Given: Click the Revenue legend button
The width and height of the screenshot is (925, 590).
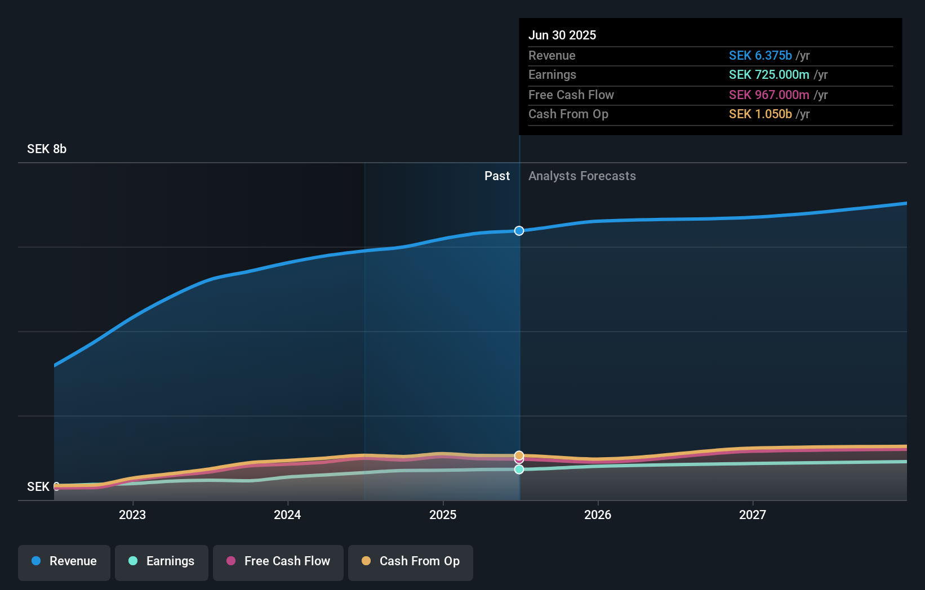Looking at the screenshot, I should (64, 561).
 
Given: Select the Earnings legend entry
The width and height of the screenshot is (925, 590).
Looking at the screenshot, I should (162, 561).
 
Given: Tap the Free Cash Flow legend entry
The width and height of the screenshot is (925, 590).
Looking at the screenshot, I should (278, 561).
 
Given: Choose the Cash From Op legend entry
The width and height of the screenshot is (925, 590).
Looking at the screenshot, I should (411, 561).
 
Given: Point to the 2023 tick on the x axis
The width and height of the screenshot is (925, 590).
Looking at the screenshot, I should (132, 515).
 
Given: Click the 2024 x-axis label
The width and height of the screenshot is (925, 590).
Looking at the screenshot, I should (287, 515).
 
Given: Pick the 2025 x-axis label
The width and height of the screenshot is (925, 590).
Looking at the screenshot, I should (443, 515).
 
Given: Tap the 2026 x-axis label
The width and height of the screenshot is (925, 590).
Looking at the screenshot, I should (598, 515).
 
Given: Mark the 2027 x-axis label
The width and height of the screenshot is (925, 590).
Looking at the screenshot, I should (753, 515).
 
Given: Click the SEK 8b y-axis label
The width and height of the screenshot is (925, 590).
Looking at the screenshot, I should (47, 149).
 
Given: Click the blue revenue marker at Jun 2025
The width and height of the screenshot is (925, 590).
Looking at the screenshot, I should (519, 231).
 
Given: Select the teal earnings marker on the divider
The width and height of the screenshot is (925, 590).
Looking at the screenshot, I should (519, 470).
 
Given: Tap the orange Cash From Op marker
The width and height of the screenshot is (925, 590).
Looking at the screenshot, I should (519, 455).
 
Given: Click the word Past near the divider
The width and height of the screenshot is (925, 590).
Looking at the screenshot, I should (497, 176).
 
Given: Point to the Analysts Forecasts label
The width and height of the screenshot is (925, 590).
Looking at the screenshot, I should (582, 176).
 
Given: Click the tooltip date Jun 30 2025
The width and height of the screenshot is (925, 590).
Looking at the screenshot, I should (562, 35).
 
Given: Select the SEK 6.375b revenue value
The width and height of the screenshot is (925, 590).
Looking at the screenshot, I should (760, 56).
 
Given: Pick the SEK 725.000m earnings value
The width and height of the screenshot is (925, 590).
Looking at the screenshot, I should (768, 75).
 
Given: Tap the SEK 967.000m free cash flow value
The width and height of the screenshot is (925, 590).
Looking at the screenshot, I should (768, 95).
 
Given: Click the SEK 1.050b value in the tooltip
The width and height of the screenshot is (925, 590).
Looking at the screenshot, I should (760, 114).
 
